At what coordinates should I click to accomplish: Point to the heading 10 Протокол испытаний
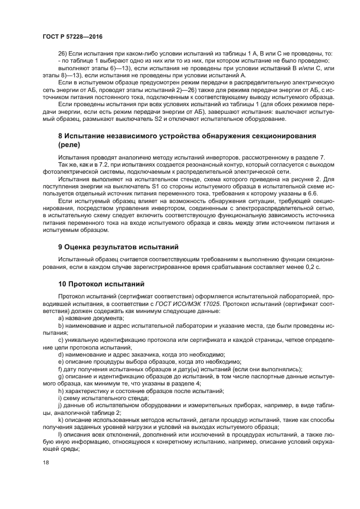(94, 283)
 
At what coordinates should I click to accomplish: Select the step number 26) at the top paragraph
(62, 54)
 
